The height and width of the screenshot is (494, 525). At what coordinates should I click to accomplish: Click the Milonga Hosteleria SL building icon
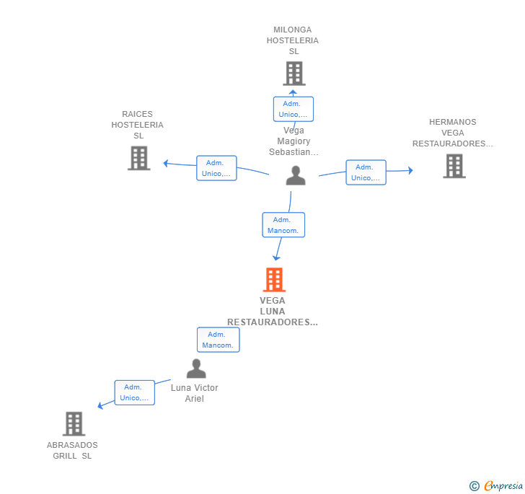coord(294,74)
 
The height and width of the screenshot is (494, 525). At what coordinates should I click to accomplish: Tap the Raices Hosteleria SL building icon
coord(138,158)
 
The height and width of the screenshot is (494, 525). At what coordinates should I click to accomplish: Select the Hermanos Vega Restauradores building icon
coord(454,166)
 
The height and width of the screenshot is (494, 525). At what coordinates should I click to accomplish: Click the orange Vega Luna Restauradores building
coord(274,280)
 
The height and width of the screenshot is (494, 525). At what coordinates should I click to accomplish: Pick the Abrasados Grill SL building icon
coord(74,424)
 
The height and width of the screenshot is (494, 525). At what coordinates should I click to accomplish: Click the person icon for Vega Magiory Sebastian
coord(296,176)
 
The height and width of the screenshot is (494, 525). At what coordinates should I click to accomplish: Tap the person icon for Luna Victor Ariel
coord(196,369)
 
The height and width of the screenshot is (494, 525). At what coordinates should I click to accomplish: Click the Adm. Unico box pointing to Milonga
coord(293,109)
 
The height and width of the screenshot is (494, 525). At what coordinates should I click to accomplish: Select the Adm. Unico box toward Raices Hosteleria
coord(216,168)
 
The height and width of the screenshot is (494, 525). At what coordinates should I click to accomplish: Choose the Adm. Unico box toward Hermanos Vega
coord(366,172)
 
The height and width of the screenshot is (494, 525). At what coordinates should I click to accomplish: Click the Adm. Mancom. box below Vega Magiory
coord(283,225)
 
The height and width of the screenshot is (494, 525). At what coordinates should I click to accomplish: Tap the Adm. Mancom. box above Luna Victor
coord(218,340)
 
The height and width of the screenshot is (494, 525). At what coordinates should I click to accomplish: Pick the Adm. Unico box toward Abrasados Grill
coord(134,392)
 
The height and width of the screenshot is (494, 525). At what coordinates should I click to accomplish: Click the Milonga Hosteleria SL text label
coord(293,40)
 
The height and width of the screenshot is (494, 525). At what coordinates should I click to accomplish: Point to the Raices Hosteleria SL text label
coord(137,125)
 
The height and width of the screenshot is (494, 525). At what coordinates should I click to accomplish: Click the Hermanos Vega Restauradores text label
coord(453,133)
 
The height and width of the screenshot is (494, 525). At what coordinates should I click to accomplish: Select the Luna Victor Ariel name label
coord(195,393)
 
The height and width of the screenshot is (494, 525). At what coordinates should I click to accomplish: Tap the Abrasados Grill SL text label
coord(72,450)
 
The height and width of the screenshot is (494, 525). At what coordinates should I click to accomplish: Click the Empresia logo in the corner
coord(497,485)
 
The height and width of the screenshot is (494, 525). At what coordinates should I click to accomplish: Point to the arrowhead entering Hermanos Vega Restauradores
coord(410,170)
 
